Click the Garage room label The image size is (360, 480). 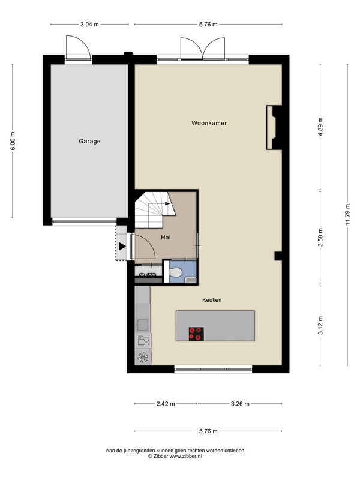tap(89, 141)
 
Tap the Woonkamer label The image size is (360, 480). tap(209, 123)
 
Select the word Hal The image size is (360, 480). tap(166, 237)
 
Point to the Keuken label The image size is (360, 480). tap(212, 299)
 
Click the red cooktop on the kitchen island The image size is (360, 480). tap(196, 334)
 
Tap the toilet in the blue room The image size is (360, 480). tap(175, 272)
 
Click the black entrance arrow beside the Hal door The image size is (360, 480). tap(122, 246)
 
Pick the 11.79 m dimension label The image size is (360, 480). tap(347, 214)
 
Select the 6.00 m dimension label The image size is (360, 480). tap(13, 141)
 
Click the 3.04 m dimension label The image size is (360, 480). tap(89, 25)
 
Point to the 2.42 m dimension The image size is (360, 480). tap(166, 404)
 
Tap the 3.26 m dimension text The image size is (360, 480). tap(240, 404)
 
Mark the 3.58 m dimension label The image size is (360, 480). tap(320, 237)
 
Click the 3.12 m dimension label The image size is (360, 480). tap(320, 325)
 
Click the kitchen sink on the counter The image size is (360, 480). tap(142, 325)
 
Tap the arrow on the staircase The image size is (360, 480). tap(167, 203)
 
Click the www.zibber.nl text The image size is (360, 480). tap(186, 456)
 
